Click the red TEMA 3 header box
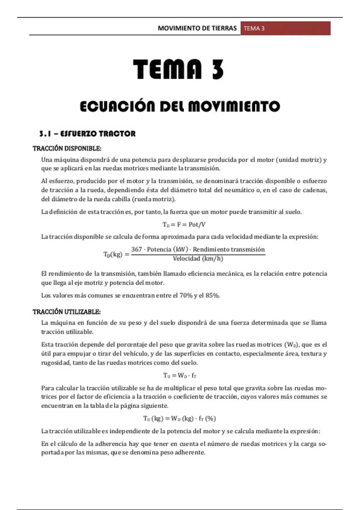pos(285,28)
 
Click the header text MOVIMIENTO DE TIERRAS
pos(197,28)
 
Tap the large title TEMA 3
pos(178,69)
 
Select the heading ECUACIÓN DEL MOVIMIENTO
pos(180,106)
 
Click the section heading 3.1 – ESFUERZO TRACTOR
pos(87,134)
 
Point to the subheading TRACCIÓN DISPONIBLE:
pos(67,148)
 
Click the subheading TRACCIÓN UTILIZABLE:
pos(67,312)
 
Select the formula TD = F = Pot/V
pos(184,224)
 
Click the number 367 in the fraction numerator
pos(136,249)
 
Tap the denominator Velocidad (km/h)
pos(198,259)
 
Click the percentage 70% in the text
pos(186,295)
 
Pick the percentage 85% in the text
pos(213,295)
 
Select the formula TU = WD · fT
pos(180,375)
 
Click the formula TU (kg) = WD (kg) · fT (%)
pos(179,418)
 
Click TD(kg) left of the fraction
pos(113,254)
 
